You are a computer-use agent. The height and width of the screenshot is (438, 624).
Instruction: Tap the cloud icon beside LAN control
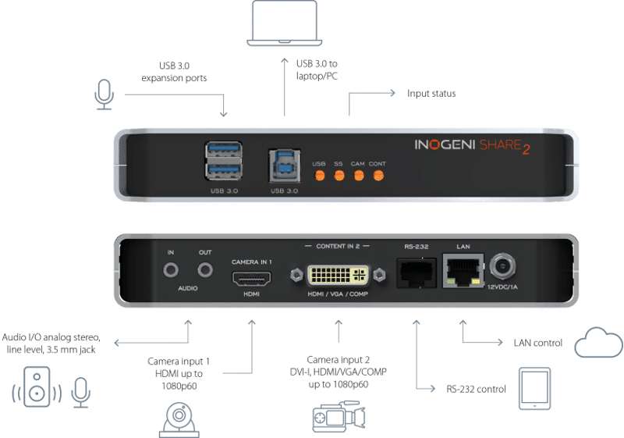click(x=598, y=343)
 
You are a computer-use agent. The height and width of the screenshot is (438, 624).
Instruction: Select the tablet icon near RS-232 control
click(x=534, y=389)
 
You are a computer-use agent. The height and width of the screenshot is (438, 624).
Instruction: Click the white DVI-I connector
click(x=338, y=275)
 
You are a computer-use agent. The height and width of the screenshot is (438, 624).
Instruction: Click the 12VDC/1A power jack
click(x=502, y=269)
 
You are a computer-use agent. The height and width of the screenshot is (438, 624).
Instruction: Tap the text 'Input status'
click(x=431, y=94)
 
